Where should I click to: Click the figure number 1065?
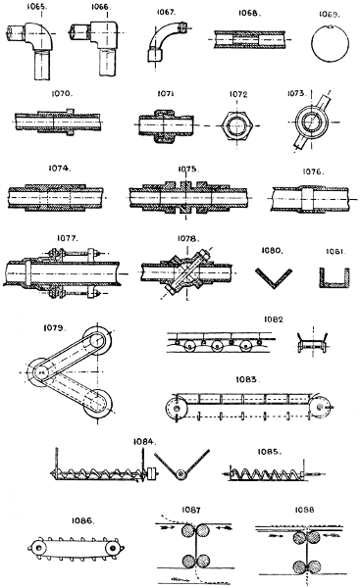(x=37, y=7)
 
